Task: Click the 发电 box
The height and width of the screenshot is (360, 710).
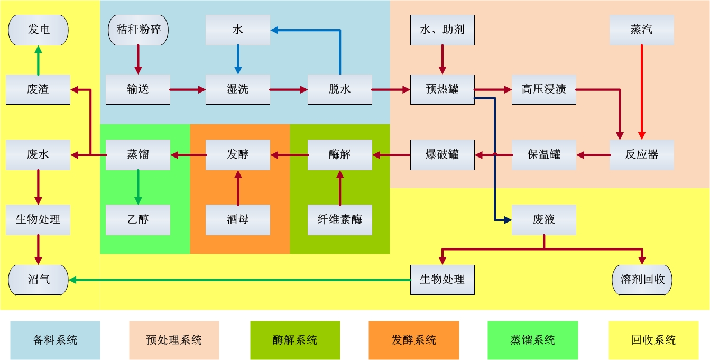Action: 38,30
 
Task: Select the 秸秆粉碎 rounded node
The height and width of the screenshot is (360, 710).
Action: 138,30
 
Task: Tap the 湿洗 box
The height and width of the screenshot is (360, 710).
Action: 237,89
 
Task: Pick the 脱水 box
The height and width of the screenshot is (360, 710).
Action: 339,89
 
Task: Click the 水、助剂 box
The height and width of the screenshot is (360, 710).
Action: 442,30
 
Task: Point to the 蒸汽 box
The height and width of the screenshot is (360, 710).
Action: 641,30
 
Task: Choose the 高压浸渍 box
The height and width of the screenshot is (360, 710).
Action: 543,89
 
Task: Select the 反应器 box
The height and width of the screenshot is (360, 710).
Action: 641,154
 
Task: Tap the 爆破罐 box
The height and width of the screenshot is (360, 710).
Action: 442,154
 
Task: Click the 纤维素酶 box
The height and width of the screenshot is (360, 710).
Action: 339,219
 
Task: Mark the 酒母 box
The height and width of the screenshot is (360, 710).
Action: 237,219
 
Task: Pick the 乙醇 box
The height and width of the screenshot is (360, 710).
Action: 138,219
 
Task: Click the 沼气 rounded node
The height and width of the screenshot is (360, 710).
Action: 38,280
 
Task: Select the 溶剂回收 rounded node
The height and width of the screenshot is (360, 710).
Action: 641,280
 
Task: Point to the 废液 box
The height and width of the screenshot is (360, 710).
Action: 543,219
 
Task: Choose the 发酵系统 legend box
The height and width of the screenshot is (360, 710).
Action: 413,340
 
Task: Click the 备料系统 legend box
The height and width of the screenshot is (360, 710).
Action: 55,340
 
